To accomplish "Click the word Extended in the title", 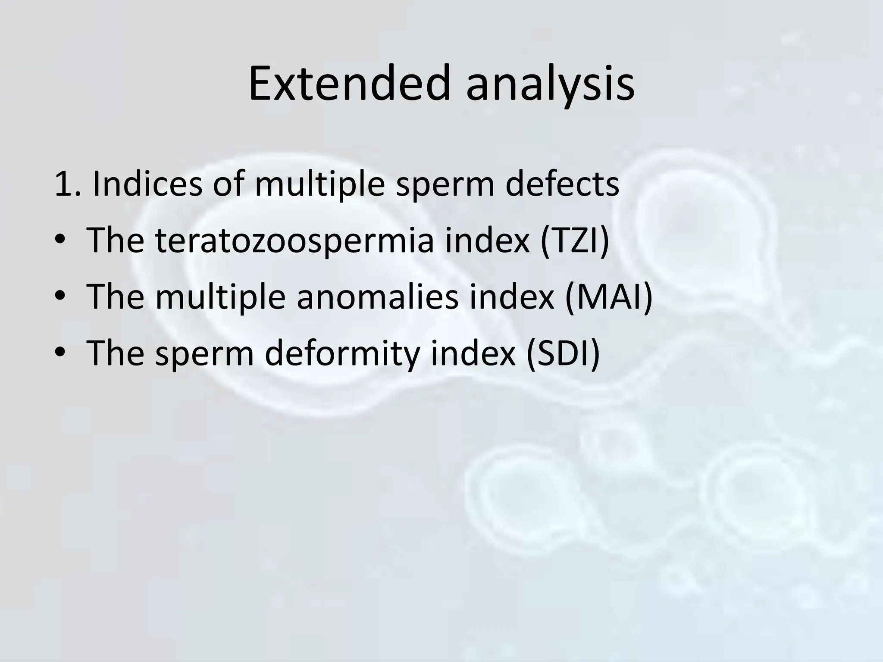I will pyautogui.click(x=349, y=84).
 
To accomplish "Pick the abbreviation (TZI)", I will pyautogui.click(x=575, y=240).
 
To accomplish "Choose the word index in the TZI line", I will pyautogui.click(x=487, y=240).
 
